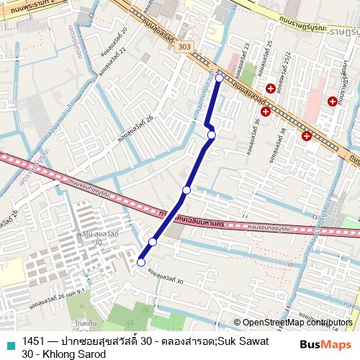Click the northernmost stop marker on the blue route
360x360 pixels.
pyautogui.click(x=219, y=77)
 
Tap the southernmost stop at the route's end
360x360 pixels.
pyautogui.click(x=140, y=262)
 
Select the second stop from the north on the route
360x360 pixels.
pyautogui.click(x=211, y=135)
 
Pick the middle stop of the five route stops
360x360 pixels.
pyautogui.click(x=186, y=190)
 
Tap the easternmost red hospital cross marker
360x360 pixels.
pyautogui.click(x=332, y=101)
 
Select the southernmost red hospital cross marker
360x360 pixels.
pyautogui.click(x=307, y=135)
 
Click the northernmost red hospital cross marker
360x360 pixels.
pyautogui.click(x=270, y=89)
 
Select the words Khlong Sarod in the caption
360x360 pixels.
pyautogui.click(x=73, y=354)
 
